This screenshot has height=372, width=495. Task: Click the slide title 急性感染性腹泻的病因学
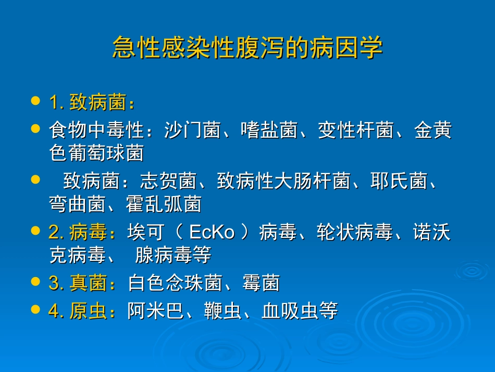[x=247, y=48]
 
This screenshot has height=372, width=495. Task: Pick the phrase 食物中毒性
[x=97, y=130]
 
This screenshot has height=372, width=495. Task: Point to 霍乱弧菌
[x=164, y=204]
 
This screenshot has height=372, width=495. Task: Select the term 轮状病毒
[x=355, y=233]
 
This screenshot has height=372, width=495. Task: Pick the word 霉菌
[x=261, y=283]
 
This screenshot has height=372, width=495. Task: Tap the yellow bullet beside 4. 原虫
[x=35, y=309]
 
